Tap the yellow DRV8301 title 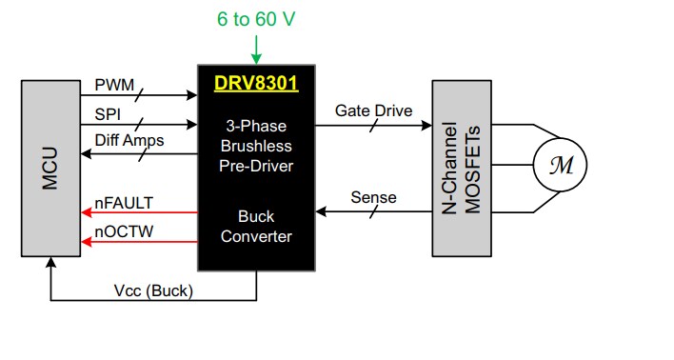tap(255, 83)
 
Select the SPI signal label tap(108, 113)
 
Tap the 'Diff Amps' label tap(129, 141)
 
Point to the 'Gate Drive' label tap(373, 110)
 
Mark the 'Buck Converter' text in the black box tap(255, 226)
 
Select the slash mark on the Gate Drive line tap(372, 124)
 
